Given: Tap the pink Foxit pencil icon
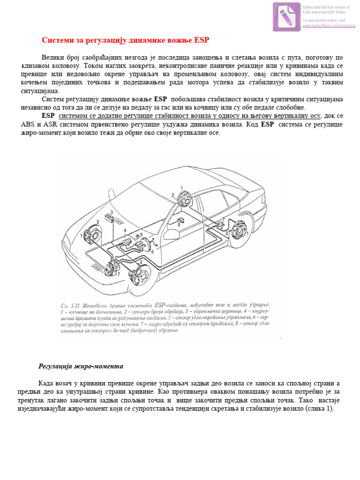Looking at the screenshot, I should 287,16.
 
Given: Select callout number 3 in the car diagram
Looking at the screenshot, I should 111,212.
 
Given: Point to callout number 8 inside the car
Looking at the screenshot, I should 179,225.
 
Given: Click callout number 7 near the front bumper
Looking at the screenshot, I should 119,274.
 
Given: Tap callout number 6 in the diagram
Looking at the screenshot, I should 152,252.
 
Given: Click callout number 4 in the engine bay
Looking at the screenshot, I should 125,231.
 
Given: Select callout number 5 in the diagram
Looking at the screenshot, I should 140,235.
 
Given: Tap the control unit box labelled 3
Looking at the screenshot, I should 111,219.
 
